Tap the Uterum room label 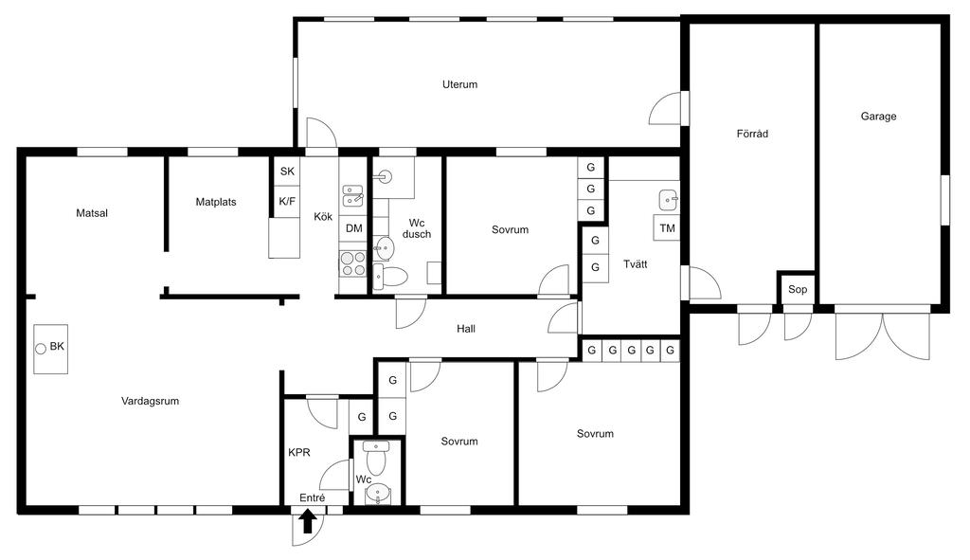pos(459,84)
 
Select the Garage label pos(878,116)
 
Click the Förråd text pos(752,133)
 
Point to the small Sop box pos(798,289)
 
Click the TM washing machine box pos(667,227)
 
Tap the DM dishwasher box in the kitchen pos(354,228)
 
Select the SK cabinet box pos(287,172)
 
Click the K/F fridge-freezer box pos(287,201)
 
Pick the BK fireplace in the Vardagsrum pos(51,349)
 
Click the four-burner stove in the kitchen pos(353,263)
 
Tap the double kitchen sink pos(353,195)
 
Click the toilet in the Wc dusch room pos(390,277)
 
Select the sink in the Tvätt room pos(669,200)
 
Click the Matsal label pos(92,213)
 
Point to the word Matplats pos(216,202)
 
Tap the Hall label pos(466,329)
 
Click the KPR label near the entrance pos(299,452)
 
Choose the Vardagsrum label pos(151,401)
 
